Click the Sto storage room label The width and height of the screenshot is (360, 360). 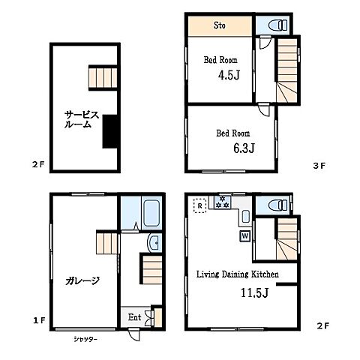[220, 25]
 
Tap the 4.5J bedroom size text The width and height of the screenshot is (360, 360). [229, 75]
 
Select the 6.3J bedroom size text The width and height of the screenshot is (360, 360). [244, 148]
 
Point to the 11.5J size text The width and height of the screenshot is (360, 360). [254, 292]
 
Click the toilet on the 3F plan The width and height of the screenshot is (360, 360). [277, 25]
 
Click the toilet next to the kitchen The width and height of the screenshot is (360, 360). [277, 205]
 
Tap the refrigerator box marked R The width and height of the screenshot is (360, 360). [200, 205]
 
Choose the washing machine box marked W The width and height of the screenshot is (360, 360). [245, 235]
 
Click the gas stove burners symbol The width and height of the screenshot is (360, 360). [222, 202]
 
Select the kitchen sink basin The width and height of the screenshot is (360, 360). [246, 216]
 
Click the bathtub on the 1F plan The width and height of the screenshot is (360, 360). [151, 213]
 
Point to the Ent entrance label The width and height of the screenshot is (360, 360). [134, 317]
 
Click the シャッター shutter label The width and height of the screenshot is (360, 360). [85, 339]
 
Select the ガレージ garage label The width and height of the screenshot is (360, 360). [82, 280]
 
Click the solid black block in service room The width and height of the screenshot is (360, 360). [110, 131]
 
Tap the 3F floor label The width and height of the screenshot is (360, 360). [319, 166]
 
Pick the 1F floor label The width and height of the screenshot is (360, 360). [39, 320]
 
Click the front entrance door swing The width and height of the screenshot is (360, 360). [133, 335]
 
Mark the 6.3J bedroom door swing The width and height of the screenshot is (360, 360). [264, 109]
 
